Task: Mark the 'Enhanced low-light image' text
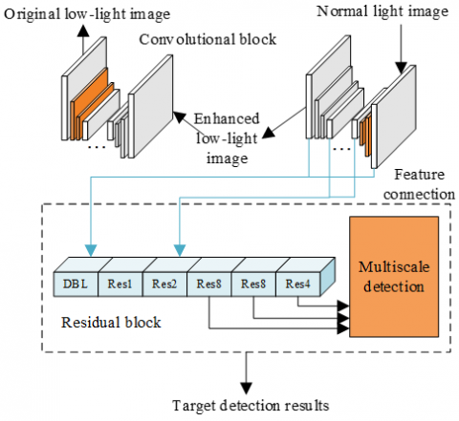224,133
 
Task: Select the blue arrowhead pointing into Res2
178,254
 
